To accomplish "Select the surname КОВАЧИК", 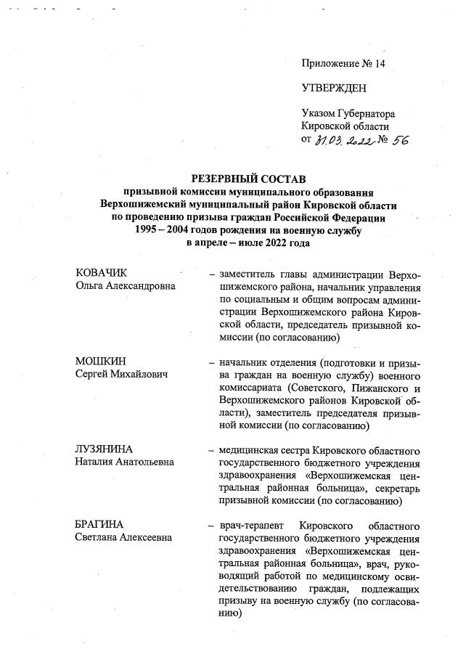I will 102,273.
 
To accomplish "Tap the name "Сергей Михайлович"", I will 121,374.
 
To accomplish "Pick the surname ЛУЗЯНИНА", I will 106,450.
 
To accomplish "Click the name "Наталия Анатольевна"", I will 125,462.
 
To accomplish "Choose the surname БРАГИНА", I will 100,525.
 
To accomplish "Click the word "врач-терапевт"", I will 249,525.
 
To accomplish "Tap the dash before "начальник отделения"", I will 210,362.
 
